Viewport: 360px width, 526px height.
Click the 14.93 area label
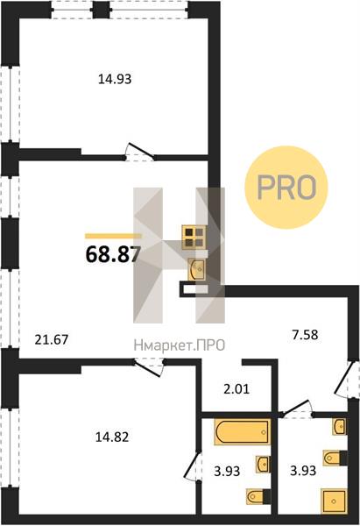115,79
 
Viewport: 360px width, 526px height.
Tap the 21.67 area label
52,340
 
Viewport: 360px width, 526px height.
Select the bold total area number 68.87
113,254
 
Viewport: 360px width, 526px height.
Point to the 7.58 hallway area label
304,335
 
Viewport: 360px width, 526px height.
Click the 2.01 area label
236,389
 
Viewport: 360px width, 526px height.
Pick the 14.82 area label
112,437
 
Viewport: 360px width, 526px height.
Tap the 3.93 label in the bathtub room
227,472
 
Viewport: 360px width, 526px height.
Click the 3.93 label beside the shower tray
303,471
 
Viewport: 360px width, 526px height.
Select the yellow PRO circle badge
286,188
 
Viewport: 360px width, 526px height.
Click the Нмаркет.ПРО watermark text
180,345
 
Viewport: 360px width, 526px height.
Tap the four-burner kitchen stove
194,238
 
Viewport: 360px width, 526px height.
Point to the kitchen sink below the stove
198,269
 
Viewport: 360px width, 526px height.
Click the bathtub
243,431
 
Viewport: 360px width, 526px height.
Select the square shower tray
334,501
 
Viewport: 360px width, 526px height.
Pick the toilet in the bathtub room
258,497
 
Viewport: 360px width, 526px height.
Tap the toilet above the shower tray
335,458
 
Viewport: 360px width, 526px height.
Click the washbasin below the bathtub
263,465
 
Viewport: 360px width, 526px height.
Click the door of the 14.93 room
140,152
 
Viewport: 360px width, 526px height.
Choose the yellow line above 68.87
113,236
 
